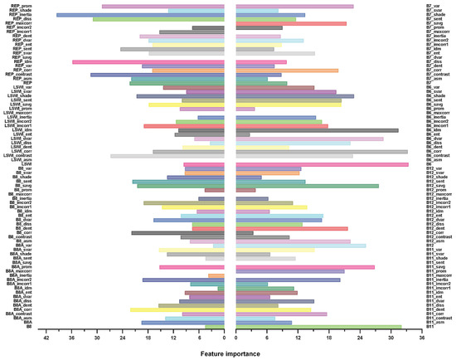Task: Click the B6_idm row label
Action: click(434, 129)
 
